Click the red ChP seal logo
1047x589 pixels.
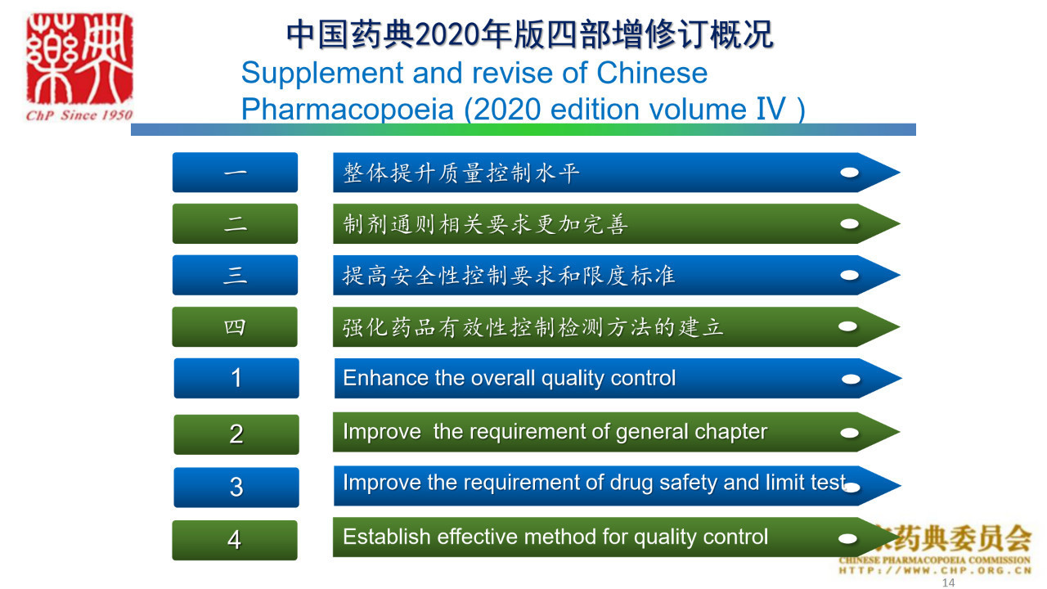(x=79, y=58)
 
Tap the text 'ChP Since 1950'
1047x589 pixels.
(x=79, y=115)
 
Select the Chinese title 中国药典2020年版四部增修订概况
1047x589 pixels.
(x=530, y=34)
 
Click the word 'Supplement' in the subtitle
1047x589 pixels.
(x=322, y=74)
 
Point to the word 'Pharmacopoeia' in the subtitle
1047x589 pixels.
(x=348, y=110)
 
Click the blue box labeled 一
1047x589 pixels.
(x=235, y=173)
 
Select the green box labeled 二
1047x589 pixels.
(x=235, y=223)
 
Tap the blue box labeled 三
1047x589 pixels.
(x=235, y=275)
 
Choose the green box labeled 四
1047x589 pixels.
(x=235, y=326)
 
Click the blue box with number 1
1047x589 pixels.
(x=236, y=378)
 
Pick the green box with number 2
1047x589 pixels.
(x=236, y=434)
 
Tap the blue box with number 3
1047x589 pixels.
(x=236, y=487)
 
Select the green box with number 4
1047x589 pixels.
(x=235, y=540)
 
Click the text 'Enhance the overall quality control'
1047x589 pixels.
(x=510, y=378)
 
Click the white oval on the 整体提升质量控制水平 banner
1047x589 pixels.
(x=849, y=173)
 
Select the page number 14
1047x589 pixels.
(x=948, y=582)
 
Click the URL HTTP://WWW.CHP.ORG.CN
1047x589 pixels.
(x=935, y=570)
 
